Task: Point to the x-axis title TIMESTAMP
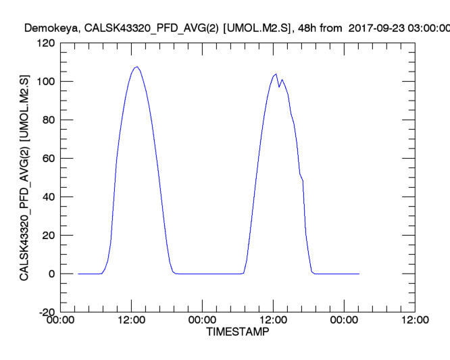click(237, 333)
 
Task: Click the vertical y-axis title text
click(24, 178)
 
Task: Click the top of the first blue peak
click(137, 67)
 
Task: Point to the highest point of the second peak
click(276, 74)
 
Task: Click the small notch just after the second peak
click(279, 86)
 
